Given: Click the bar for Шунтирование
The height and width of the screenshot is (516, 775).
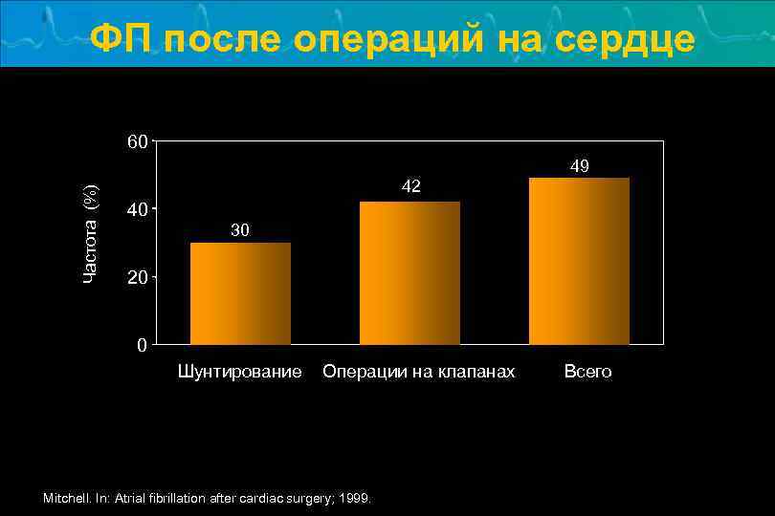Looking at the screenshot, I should click(240, 293).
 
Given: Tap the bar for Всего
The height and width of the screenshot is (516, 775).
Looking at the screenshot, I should click(579, 261).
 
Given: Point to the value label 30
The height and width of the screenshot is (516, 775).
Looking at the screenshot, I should click(240, 230).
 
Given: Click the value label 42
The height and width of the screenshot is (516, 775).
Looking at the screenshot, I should click(410, 186).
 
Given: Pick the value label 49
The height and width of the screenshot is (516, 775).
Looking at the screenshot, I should click(579, 166).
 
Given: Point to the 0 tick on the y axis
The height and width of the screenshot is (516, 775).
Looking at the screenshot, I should click(142, 345).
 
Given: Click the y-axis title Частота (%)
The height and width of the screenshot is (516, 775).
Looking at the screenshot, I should click(91, 232).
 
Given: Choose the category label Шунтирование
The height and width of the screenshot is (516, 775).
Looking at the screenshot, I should click(240, 371).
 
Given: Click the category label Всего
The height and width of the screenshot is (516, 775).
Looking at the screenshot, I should click(587, 371).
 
